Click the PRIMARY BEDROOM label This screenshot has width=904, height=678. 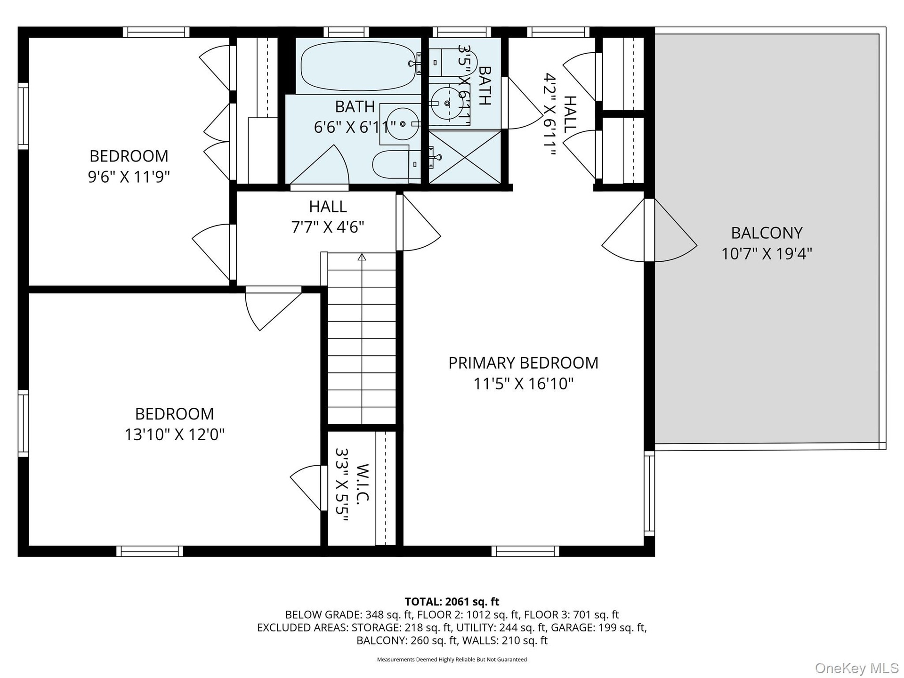[523, 363]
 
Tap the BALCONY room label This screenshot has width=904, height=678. [767, 233]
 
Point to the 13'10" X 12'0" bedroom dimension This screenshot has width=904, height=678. [174, 434]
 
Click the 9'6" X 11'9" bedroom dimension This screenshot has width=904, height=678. [129, 177]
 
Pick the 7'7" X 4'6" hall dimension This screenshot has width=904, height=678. [328, 227]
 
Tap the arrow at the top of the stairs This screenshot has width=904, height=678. [362, 257]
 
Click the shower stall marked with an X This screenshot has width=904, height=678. [465, 157]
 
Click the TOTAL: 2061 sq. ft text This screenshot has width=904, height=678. [452, 602]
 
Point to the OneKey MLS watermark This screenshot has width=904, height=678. [857, 668]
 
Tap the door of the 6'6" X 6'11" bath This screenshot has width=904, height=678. [320, 168]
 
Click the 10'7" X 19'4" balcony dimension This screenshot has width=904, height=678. [767, 254]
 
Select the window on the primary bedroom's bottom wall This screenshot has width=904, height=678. [525, 551]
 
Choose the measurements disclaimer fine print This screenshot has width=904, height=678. [452, 660]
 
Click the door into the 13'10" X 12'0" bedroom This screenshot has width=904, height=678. [274, 308]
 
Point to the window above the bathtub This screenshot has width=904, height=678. [346, 32]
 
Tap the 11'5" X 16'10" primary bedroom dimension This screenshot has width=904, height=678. [523, 384]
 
